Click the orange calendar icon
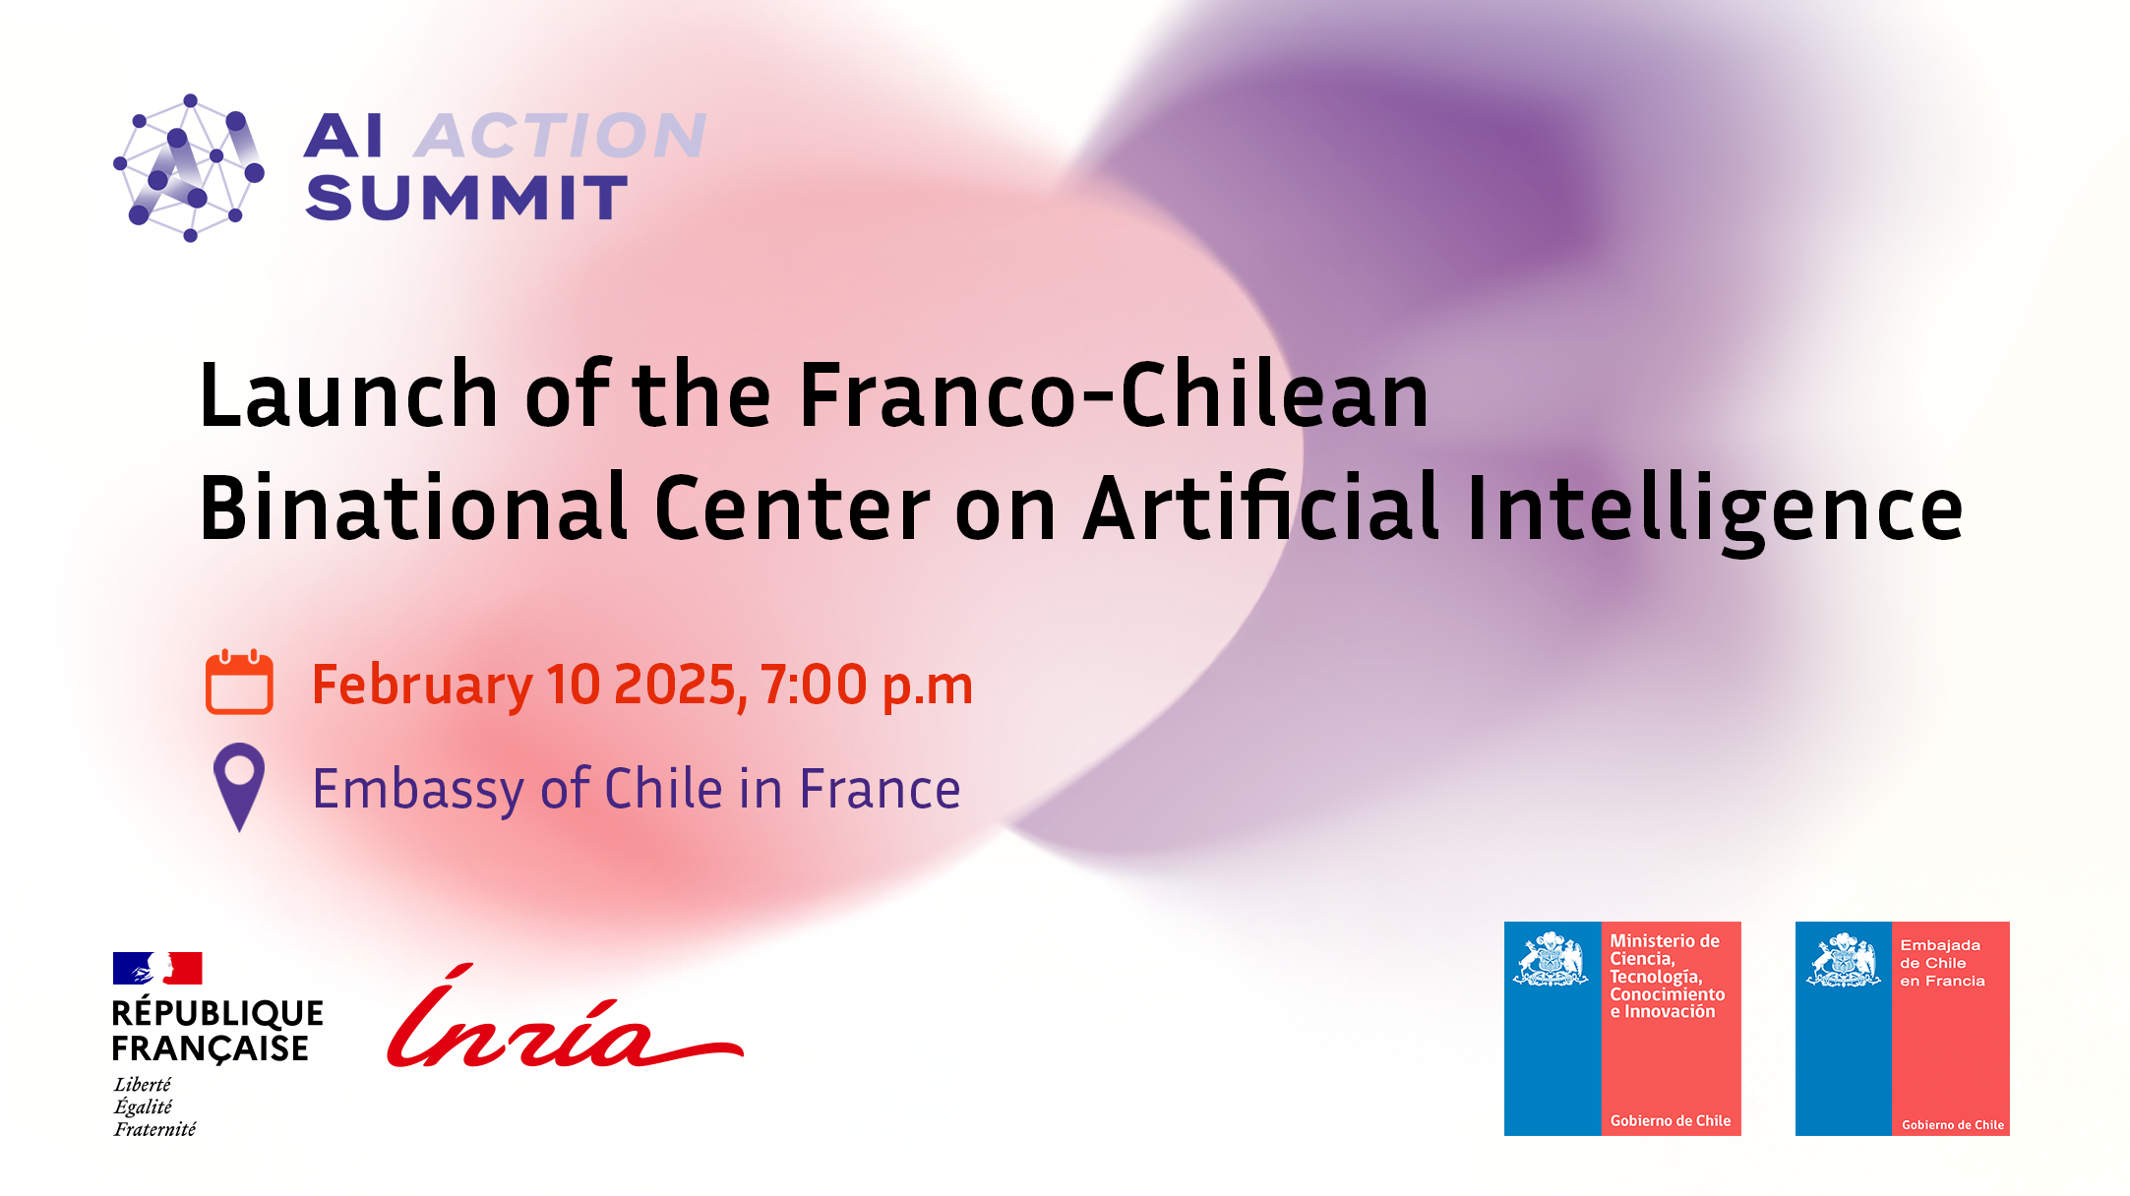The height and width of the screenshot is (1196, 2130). pyautogui.click(x=239, y=682)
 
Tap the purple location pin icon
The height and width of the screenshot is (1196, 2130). pyautogui.click(x=239, y=787)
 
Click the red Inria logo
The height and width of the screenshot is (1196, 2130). pyautogui.click(x=565, y=1018)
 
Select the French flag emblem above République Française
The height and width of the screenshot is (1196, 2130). pyautogui.click(x=157, y=968)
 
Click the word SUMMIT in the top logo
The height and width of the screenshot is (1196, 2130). pyautogui.click(x=466, y=198)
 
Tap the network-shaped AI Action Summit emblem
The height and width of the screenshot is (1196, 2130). pyautogui.click(x=189, y=168)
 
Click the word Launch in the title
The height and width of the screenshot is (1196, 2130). pyautogui.click(x=349, y=394)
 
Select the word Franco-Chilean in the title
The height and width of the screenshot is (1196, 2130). pyautogui.click(x=1114, y=394)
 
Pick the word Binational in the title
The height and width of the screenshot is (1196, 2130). pyautogui.click(x=414, y=508)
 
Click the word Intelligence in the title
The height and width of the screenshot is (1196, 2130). pyautogui.click(x=1715, y=511)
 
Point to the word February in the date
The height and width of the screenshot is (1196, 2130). pyautogui.click(x=422, y=687)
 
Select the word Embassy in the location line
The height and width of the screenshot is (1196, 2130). pyautogui.click(x=418, y=791)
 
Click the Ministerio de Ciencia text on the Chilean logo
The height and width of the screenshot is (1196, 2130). pyautogui.click(x=1668, y=976)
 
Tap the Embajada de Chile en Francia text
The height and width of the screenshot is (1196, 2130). pyautogui.click(x=1942, y=963)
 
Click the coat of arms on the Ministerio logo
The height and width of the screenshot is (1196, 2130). pyautogui.click(x=1552, y=959)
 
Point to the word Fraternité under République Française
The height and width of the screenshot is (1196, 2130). pyautogui.click(x=154, y=1129)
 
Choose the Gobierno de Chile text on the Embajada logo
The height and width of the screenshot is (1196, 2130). pyautogui.click(x=1953, y=1125)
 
